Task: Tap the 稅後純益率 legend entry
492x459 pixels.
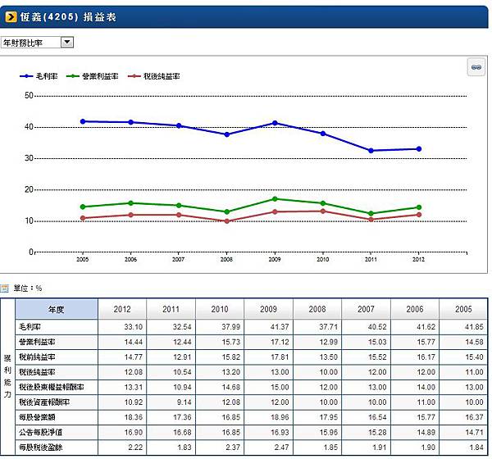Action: (161, 76)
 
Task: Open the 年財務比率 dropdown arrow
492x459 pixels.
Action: (66, 42)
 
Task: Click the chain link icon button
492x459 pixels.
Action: (474, 68)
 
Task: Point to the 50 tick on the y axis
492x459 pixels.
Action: (29, 96)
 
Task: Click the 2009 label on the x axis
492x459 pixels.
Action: (276, 259)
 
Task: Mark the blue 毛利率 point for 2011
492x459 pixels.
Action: (371, 151)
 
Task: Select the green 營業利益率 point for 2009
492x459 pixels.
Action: (276, 199)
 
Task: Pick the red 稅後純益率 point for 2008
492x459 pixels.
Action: (227, 221)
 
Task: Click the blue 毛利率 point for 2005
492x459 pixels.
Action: (83, 121)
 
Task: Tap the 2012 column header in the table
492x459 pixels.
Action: (122, 310)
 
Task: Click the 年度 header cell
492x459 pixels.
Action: (57, 310)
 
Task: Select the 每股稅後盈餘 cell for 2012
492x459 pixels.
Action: (122, 448)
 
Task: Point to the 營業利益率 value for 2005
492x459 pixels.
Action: (463, 341)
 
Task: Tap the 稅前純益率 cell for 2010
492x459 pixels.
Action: (220, 357)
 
